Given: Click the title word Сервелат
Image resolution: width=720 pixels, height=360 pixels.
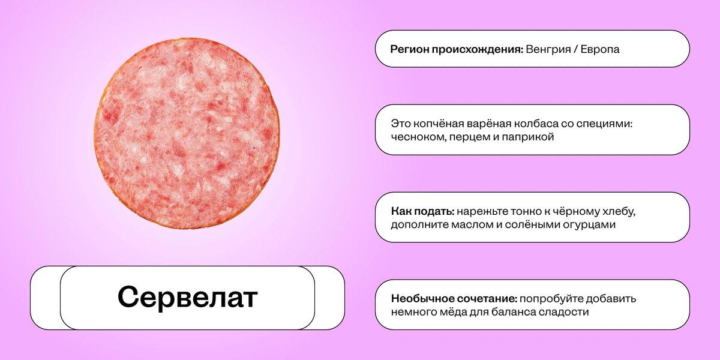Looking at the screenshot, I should click(x=187, y=298).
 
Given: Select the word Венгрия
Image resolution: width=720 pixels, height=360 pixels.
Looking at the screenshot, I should click(x=548, y=49).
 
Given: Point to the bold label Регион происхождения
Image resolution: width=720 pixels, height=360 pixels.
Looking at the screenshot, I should click(x=457, y=49).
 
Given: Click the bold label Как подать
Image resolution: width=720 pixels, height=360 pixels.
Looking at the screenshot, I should click(x=421, y=211).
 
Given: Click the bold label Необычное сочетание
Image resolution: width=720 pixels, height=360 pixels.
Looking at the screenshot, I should click(x=454, y=299).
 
